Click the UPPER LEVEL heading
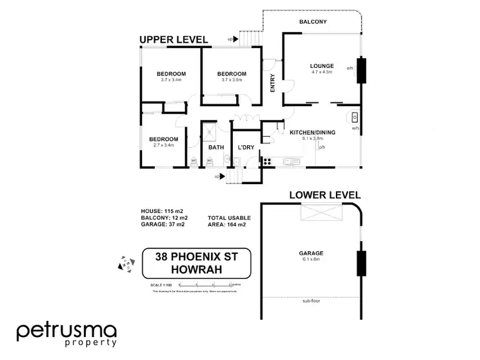point(173,40)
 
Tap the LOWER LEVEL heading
point(325,194)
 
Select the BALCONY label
point(314,22)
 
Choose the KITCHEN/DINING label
point(311,132)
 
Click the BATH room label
point(216,147)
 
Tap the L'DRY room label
point(246,147)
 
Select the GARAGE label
point(310,253)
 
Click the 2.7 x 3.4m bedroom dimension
point(165,146)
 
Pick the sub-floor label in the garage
point(312,300)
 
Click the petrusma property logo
point(67,334)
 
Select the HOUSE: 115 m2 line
point(162,210)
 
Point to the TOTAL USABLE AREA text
point(228,221)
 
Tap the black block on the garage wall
point(360,262)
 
